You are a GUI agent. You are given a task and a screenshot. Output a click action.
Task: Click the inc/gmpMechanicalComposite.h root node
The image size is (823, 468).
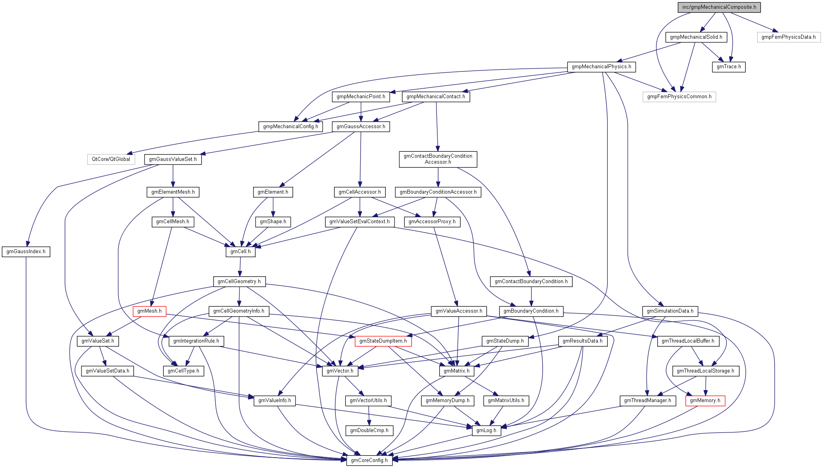point(719,7)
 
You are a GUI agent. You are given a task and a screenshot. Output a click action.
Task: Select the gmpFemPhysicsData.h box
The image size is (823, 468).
point(788,37)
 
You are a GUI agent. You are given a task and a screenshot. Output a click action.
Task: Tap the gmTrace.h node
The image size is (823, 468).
point(728,67)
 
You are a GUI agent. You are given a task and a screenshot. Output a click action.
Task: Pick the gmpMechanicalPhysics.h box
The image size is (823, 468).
point(601,67)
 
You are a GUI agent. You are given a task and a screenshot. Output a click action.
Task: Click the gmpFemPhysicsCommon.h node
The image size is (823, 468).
point(679,97)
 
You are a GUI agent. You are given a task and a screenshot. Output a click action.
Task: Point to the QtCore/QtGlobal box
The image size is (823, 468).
point(111,159)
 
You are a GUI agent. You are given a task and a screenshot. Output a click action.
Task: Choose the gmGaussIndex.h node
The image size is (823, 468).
point(26,252)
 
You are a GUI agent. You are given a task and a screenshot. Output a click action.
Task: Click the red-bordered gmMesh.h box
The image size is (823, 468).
point(149,311)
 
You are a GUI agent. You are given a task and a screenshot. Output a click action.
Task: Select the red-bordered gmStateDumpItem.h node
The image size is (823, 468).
point(383,341)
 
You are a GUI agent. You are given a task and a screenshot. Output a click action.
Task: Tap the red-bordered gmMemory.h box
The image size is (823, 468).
point(705,401)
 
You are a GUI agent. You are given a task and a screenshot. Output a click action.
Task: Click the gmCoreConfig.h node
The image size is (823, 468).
point(369,460)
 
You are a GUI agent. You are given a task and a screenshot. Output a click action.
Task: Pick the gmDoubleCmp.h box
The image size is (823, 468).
point(369,430)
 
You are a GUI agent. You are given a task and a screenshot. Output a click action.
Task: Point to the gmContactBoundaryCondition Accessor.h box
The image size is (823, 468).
point(438,159)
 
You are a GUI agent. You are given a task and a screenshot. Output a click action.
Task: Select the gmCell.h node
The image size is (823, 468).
point(240,252)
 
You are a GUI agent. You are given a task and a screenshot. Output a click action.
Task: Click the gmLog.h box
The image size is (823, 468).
point(486,430)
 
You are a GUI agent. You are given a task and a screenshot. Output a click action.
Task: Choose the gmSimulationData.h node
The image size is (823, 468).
point(670,311)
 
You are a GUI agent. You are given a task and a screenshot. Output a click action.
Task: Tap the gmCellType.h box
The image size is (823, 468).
point(183,371)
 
